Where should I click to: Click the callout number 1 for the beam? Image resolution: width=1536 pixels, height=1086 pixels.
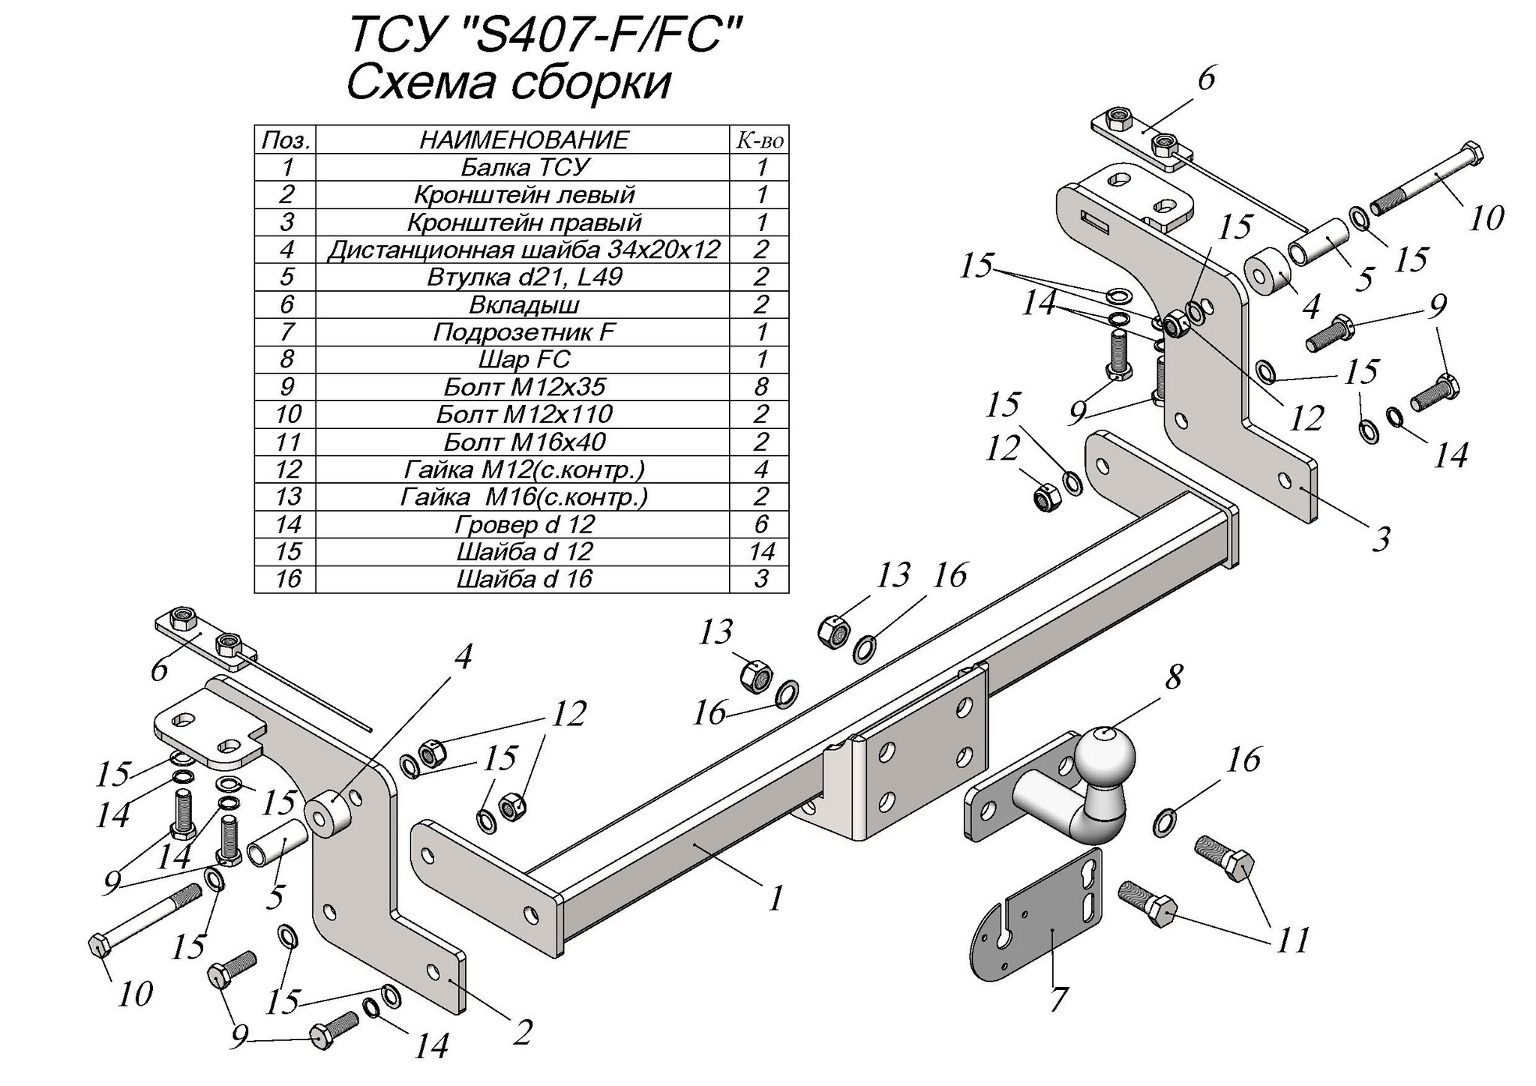point(775,897)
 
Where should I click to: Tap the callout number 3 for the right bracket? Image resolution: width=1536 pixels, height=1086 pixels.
point(1381,538)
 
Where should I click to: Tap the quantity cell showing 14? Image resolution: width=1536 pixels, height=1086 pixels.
point(761,552)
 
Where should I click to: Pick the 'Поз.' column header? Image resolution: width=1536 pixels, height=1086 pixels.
point(286,140)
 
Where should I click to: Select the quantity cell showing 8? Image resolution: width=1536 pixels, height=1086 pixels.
point(761,387)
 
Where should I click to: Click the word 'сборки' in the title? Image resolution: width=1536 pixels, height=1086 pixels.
point(591,82)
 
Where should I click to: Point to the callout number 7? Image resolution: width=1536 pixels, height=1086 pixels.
point(1057,998)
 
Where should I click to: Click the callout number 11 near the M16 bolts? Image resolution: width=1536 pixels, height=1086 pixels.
point(1292,940)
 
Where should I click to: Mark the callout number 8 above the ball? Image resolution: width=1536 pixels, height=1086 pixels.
point(1173,676)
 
